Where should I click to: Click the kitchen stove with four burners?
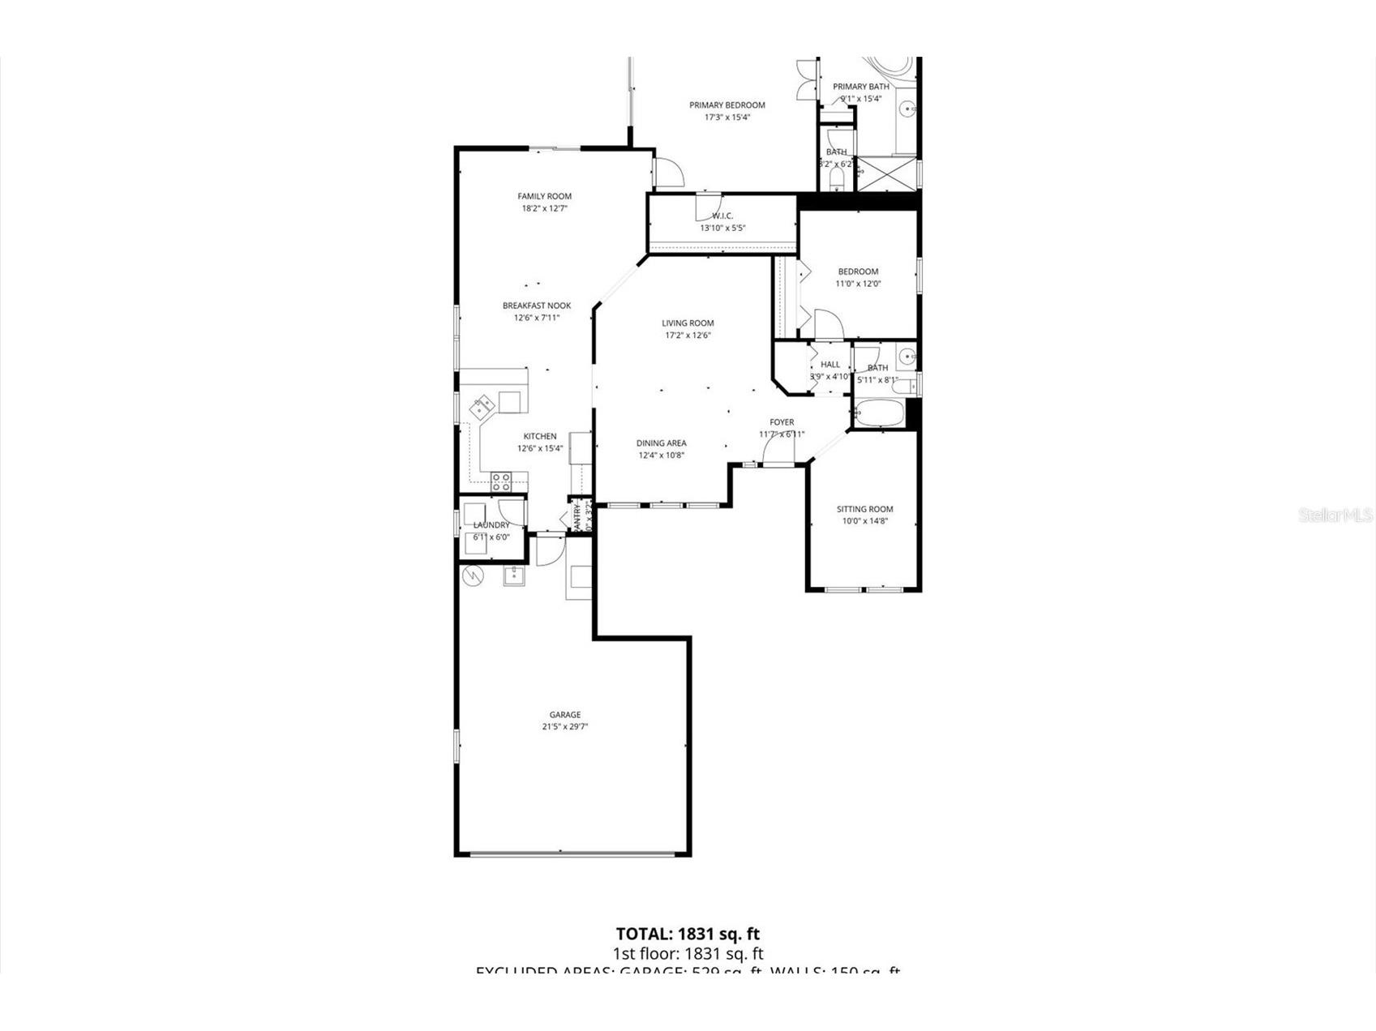coord(501,482)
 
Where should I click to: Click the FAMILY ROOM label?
coord(544,196)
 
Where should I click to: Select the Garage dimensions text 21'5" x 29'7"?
coord(564,727)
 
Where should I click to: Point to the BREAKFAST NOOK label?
coord(536,306)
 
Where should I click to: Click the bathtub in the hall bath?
coord(880,414)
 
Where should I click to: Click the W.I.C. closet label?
coord(722,216)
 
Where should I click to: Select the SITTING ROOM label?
coord(864,509)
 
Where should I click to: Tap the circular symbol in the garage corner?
coord(472,576)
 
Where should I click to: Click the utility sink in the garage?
coord(513,576)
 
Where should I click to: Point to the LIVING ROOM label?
coord(688,323)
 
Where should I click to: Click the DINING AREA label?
coord(661,443)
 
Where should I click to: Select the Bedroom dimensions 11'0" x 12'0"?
coord(858,284)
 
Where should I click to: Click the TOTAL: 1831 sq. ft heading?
coord(688,934)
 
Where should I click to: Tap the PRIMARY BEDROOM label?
coord(727,105)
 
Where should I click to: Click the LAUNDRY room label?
coord(491,525)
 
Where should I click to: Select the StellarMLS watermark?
coord(1335,515)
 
